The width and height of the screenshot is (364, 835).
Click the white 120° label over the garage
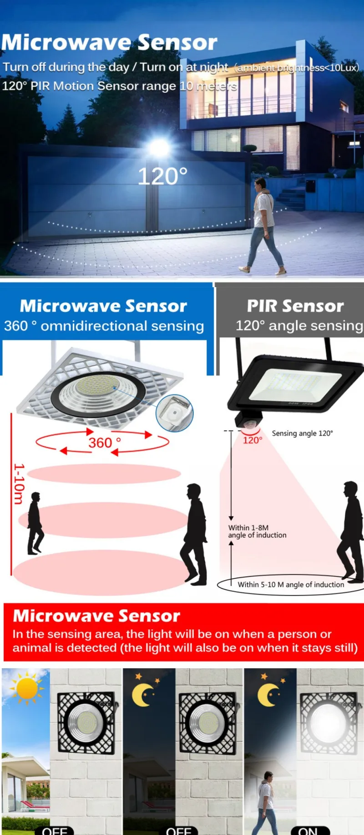tap(162, 177)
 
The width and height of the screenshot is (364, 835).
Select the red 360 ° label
tap(105, 442)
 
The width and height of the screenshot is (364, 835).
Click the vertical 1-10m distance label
tap(19, 484)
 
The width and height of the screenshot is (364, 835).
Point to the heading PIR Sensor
tap(295, 306)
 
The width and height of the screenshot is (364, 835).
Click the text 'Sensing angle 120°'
tap(302, 433)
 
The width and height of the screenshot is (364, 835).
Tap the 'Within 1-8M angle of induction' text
tap(257, 532)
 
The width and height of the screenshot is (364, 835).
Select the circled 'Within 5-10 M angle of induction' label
tap(290, 585)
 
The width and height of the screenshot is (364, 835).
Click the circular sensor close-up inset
tap(175, 413)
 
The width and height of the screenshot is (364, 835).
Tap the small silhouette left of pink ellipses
tap(35, 523)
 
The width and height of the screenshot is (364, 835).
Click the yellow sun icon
tap(26, 688)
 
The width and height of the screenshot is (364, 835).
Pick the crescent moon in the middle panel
tap(143, 695)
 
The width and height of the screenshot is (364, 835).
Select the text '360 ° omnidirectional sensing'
tap(104, 326)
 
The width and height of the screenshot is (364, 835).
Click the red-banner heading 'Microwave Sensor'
tap(96, 616)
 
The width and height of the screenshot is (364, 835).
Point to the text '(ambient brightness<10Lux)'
tap(297, 68)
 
